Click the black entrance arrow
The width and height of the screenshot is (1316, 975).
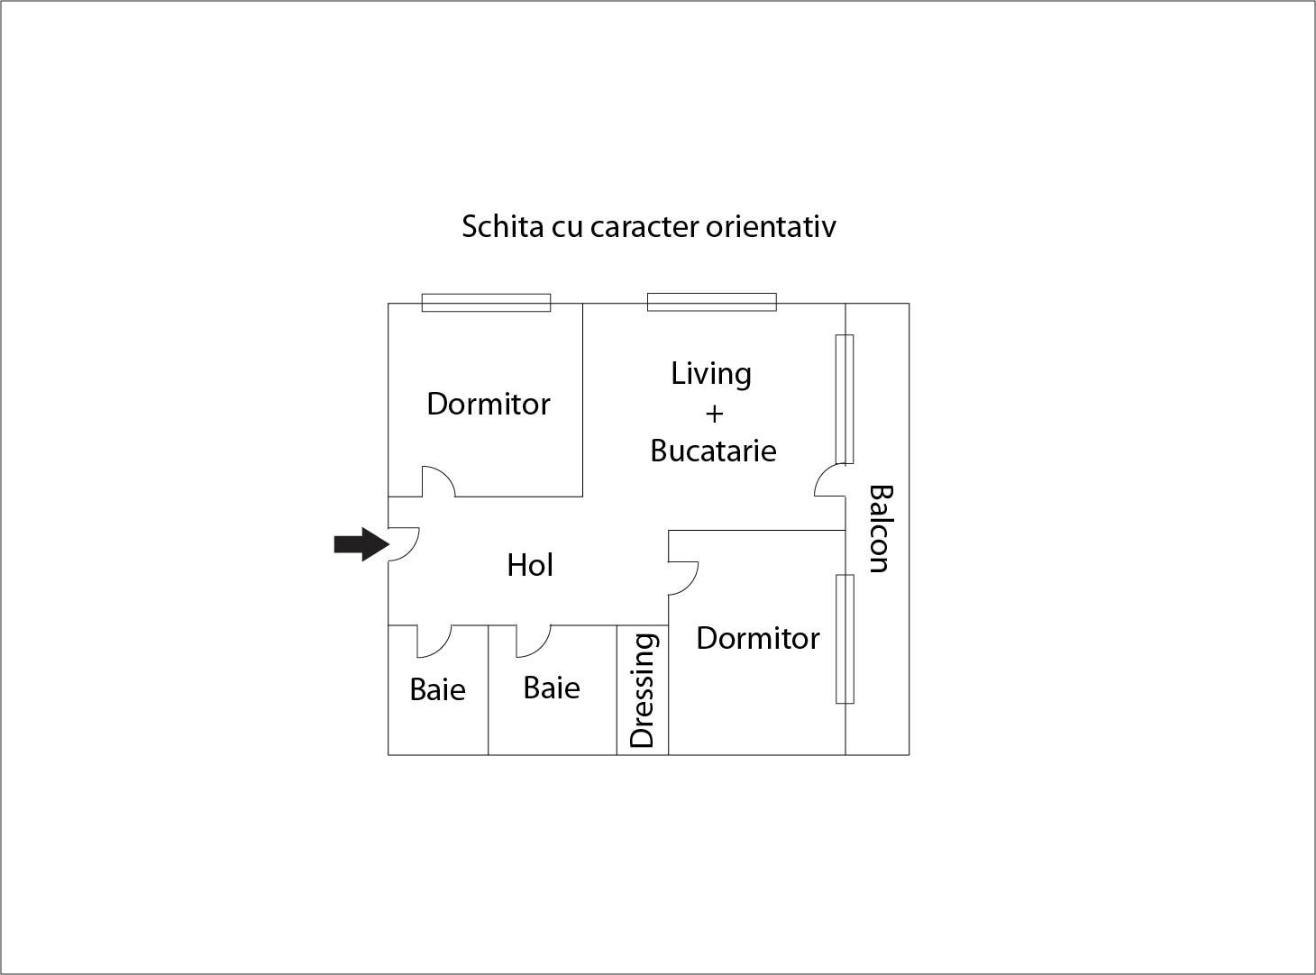(x=361, y=543)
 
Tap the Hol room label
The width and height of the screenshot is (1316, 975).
(x=530, y=565)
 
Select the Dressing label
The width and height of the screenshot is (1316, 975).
(x=642, y=691)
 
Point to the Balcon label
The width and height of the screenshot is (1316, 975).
(x=881, y=529)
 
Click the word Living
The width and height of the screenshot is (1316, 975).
(x=711, y=375)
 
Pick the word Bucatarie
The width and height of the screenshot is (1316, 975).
(x=713, y=451)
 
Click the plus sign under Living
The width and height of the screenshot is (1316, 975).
(x=715, y=414)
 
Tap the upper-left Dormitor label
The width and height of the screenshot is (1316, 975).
(x=489, y=404)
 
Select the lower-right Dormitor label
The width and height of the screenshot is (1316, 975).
(x=758, y=639)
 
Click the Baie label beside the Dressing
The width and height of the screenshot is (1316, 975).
(x=552, y=688)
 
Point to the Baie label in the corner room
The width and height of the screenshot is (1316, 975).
(x=437, y=689)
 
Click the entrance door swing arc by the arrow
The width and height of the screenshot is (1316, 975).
(x=404, y=544)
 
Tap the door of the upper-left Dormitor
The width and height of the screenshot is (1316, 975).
(x=438, y=481)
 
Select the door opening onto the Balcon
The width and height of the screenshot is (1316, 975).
(x=829, y=480)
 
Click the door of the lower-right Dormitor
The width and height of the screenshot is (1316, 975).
(x=683, y=578)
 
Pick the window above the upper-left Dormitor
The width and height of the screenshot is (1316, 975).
(x=486, y=303)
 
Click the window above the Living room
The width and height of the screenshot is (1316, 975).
(x=711, y=302)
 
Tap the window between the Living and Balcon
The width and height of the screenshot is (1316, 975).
(x=845, y=399)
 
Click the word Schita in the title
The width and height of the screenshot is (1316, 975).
(x=503, y=227)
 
